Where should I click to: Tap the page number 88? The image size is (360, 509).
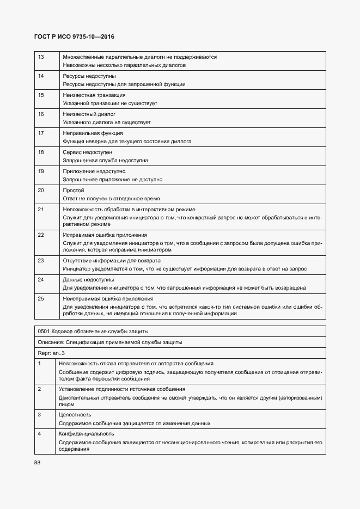37,462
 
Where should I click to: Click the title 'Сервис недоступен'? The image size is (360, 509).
87,152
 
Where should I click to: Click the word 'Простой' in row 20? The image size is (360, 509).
74,190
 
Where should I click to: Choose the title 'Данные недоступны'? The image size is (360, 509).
88,279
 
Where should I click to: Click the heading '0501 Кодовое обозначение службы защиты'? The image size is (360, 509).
93,331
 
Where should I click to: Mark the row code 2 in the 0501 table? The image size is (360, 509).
39,389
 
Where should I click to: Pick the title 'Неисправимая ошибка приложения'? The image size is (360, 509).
107,298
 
